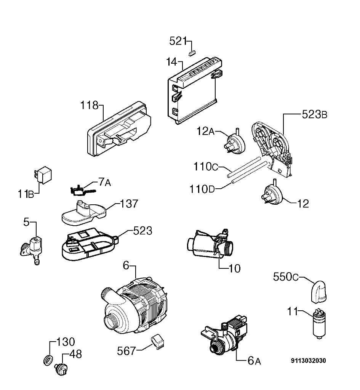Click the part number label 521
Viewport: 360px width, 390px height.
click(178, 41)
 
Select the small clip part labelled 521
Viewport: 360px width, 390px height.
click(192, 53)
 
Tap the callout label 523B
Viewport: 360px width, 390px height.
click(315, 114)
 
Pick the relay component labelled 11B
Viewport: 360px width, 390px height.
click(43, 175)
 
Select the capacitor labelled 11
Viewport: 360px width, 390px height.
click(319, 323)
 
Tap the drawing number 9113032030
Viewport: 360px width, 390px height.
click(308, 361)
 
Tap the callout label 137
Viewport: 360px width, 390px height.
click(129, 204)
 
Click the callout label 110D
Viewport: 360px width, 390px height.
click(202, 189)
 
